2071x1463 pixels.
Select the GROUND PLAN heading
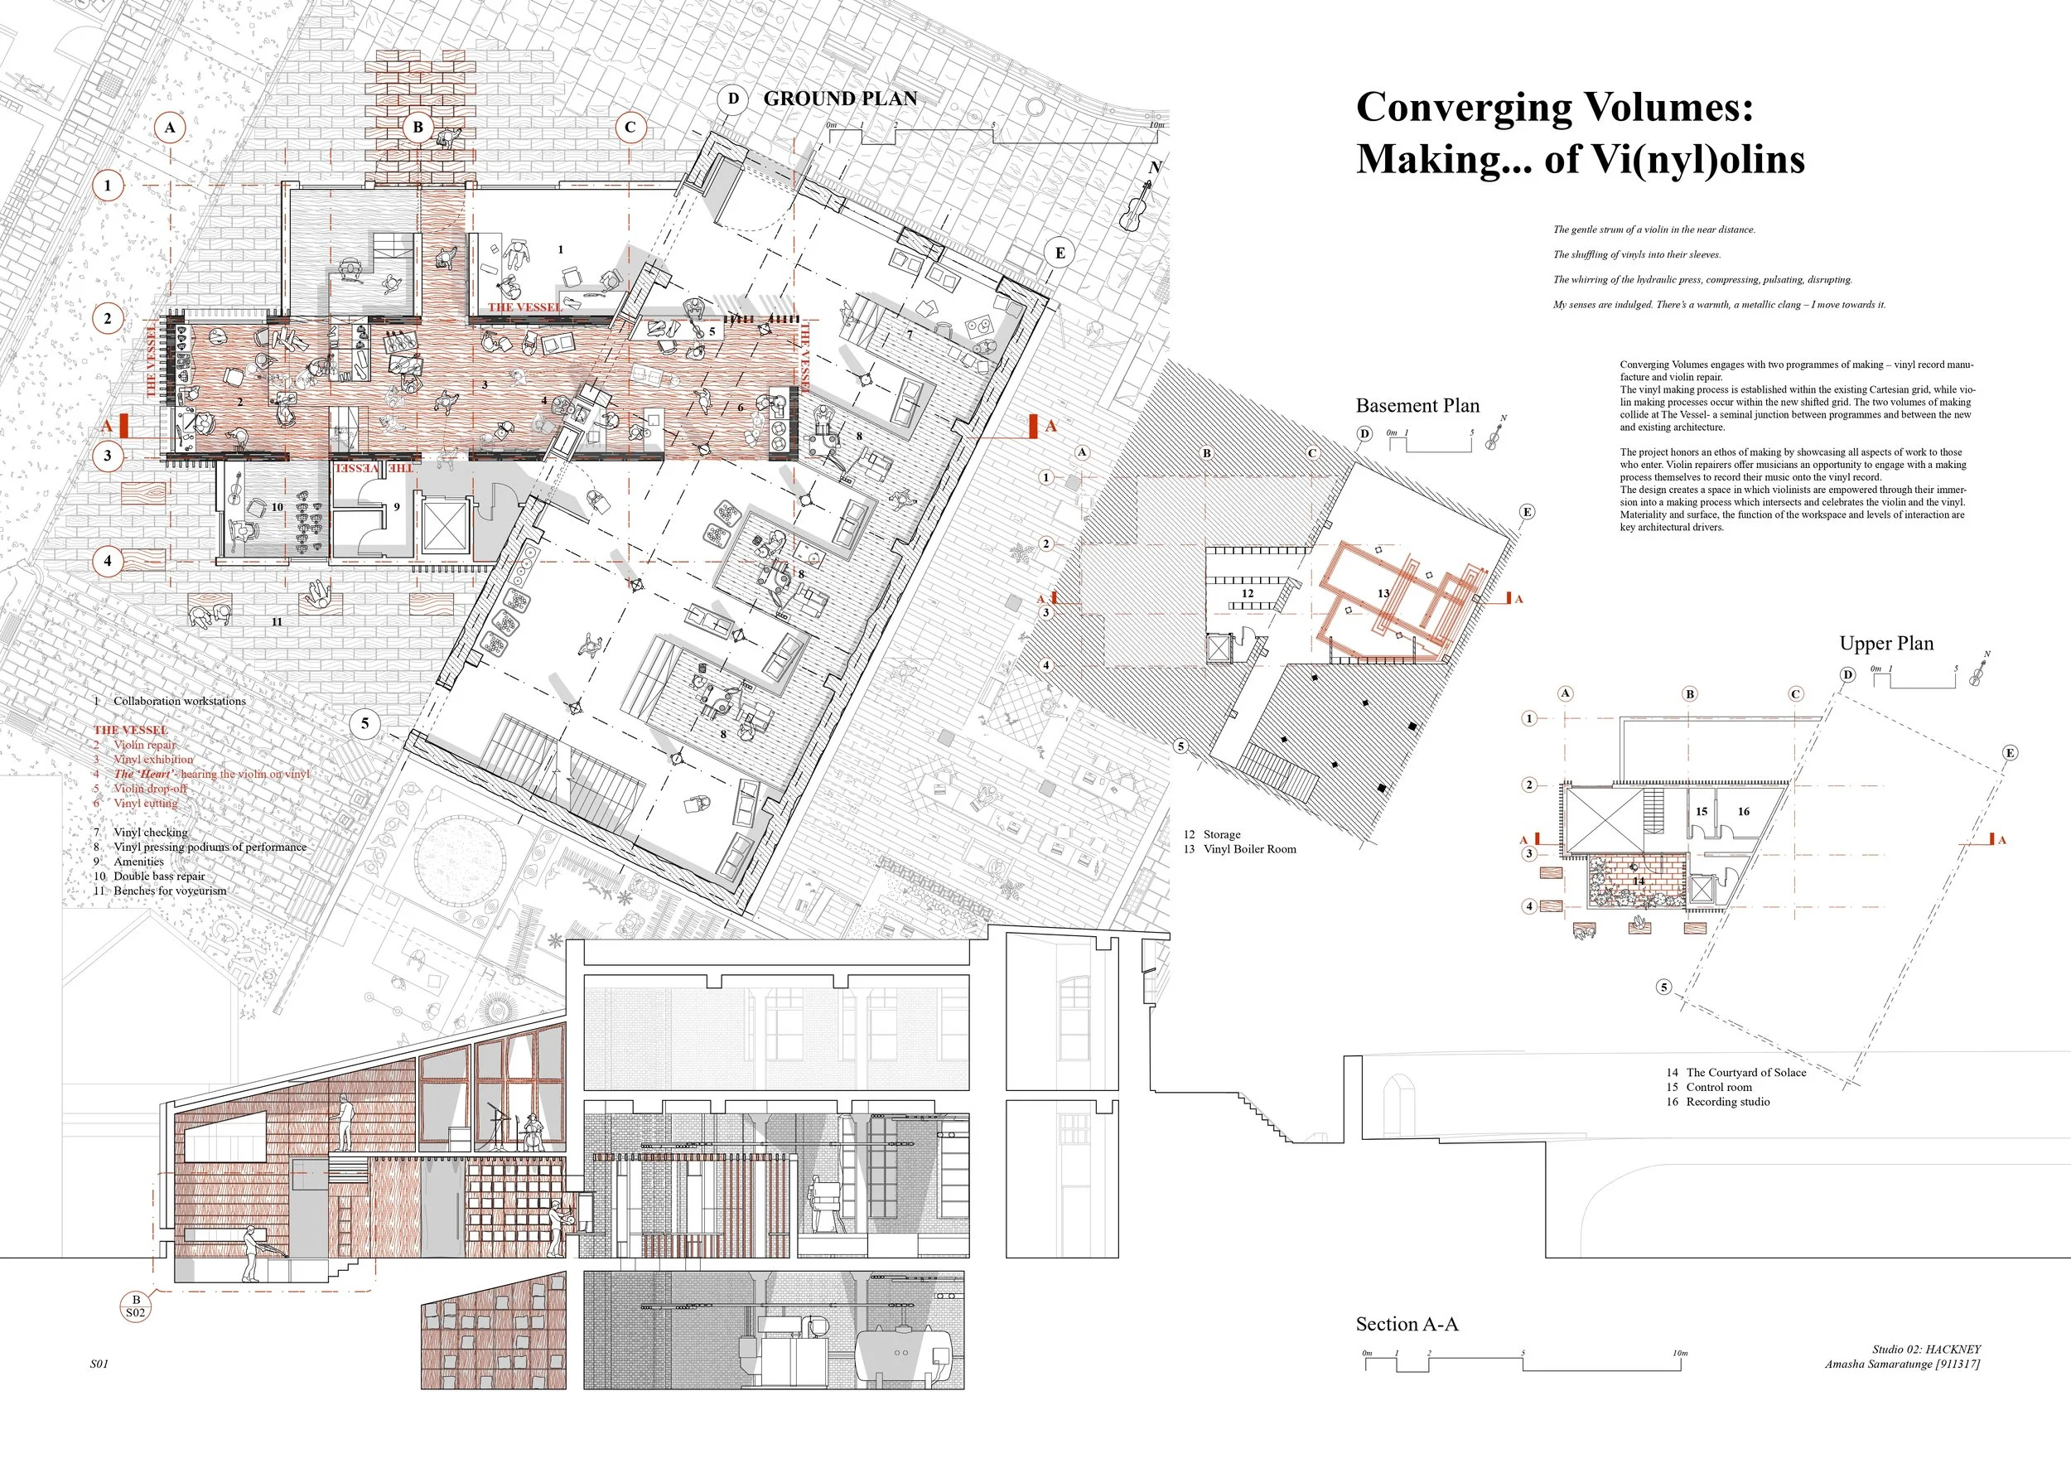[840, 99]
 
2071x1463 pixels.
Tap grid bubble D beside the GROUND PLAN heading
[733, 99]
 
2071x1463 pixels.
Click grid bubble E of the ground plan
[1060, 253]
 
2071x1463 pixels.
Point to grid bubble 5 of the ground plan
[365, 722]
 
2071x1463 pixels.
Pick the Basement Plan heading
[1417, 406]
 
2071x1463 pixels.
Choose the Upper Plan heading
[1886, 643]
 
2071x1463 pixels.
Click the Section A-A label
[1407, 1324]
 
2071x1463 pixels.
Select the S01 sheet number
[99, 1364]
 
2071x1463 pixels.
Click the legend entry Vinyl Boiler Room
[1249, 849]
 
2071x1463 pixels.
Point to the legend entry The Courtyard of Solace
[1745, 1073]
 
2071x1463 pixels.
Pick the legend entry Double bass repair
[159, 876]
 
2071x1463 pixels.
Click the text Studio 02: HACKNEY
[1926, 1350]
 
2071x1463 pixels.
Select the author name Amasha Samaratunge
[1879, 1364]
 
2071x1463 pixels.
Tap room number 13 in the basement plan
[1383, 593]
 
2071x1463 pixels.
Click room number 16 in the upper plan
[1744, 812]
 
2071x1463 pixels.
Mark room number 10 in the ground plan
[277, 507]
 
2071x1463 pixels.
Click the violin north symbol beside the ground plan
[1137, 205]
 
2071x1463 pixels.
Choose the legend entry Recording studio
[1727, 1101]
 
